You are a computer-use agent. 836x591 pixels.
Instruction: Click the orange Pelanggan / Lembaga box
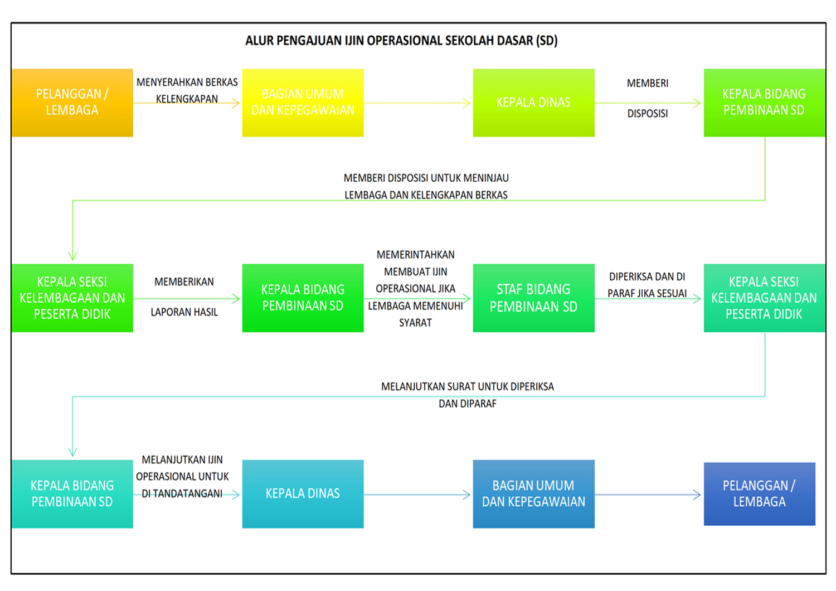click(x=72, y=103)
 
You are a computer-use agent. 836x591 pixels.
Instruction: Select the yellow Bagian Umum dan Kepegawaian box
click(x=303, y=103)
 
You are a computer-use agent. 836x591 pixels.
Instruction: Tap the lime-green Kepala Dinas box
click(x=533, y=103)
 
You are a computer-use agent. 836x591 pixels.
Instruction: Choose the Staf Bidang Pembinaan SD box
click(x=533, y=298)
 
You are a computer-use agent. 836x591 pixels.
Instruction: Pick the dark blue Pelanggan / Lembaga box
click(x=759, y=493)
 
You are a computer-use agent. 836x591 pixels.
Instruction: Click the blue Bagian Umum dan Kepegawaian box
click(x=533, y=493)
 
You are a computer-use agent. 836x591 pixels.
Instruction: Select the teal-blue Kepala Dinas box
click(x=303, y=493)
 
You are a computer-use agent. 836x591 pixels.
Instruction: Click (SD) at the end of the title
click(x=547, y=41)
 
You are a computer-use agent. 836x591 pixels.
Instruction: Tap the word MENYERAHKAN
click(x=162, y=83)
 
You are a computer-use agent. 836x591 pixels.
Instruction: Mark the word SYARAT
click(x=415, y=323)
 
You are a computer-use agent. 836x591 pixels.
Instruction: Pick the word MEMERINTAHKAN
click(x=415, y=255)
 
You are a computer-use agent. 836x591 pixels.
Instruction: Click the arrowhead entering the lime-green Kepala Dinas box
click(x=467, y=103)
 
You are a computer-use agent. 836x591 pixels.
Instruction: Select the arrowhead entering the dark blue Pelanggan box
click(x=697, y=494)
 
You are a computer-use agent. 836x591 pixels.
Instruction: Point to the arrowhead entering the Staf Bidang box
click(x=467, y=298)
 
